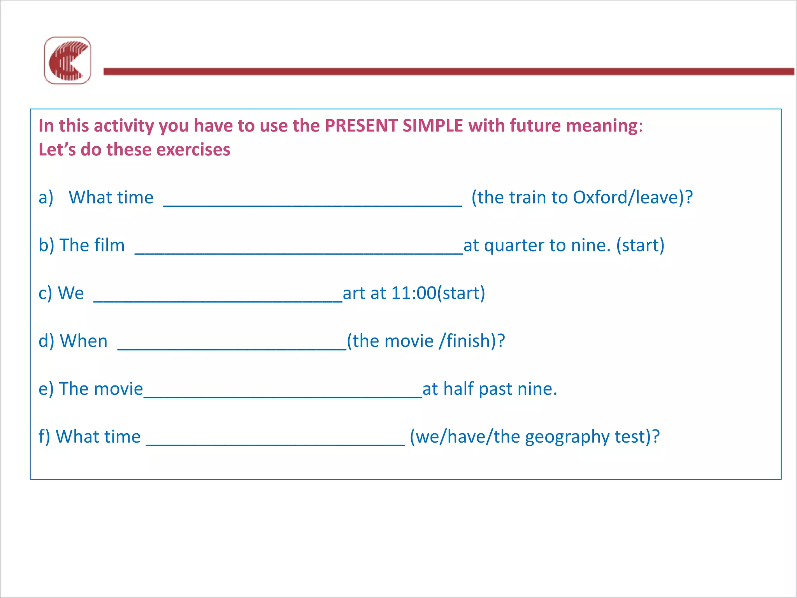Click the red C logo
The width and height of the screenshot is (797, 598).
pyautogui.click(x=67, y=61)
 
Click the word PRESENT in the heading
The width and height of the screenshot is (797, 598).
pyautogui.click(x=360, y=126)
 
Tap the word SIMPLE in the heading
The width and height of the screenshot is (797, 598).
pyautogui.click(x=432, y=126)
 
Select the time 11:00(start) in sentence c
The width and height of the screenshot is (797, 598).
pyautogui.click(x=438, y=293)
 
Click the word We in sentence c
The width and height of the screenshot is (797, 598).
pyautogui.click(x=70, y=293)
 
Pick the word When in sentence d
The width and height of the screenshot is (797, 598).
pyautogui.click(x=84, y=341)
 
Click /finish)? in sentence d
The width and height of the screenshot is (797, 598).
pyautogui.click(x=472, y=341)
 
